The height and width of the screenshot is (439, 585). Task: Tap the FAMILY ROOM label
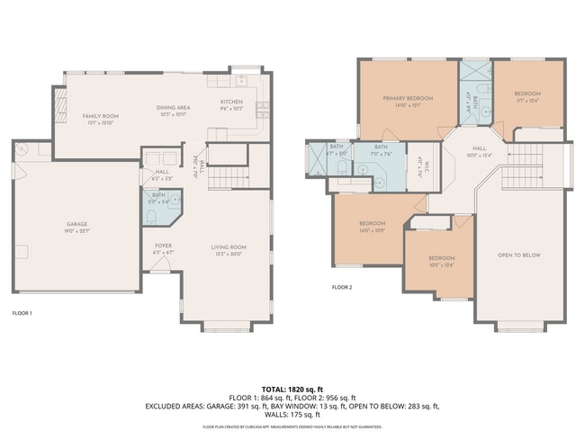coord(102,116)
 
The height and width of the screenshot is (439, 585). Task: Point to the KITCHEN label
coord(231,102)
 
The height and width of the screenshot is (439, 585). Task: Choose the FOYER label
coord(163,246)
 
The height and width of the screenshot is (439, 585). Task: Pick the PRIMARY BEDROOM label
coord(408,97)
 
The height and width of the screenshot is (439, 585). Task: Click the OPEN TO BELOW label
coord(519,255)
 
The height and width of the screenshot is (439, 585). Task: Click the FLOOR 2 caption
coord(342,287)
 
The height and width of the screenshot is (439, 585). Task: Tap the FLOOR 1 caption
coord(22,313)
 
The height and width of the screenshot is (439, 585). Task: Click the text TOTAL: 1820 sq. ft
coord(292,388)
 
